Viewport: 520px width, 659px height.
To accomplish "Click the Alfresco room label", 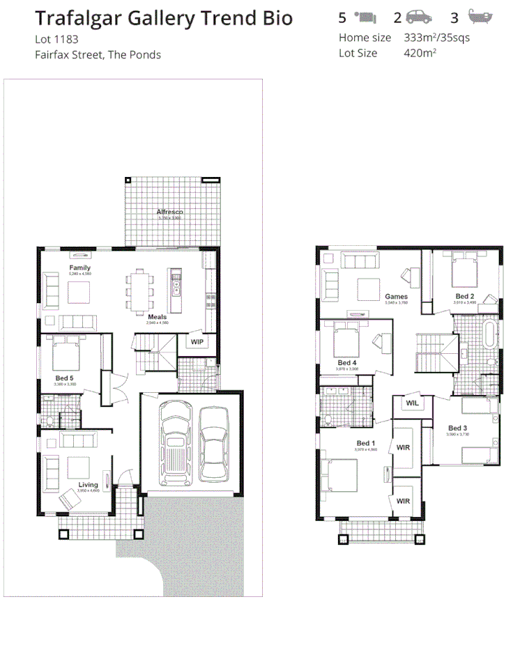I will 169,211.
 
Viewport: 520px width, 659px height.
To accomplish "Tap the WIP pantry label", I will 197,342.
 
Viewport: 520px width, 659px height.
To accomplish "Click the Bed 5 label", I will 65,378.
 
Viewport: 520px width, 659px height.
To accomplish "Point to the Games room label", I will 396,297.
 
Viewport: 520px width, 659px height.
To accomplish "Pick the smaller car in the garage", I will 214,443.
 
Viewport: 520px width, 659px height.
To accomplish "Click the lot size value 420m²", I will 420,52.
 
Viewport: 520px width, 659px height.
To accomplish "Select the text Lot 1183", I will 56,40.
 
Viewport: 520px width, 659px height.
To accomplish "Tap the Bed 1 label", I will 366,444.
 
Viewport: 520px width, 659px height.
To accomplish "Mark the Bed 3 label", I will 457,428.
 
